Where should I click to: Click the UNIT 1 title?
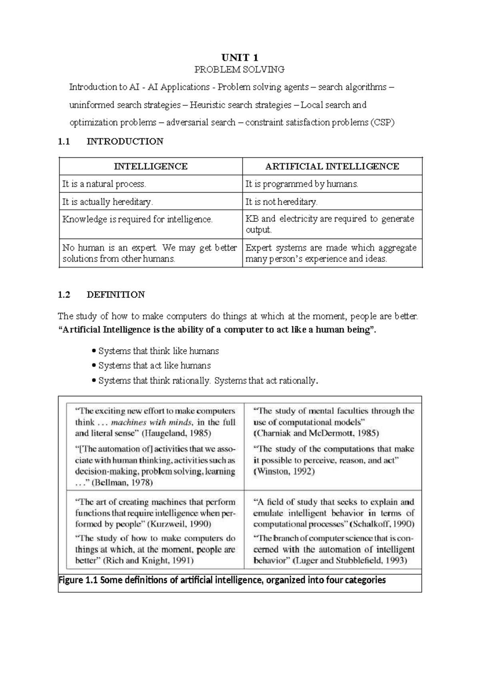tap(240, 57)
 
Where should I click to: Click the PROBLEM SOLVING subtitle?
tap(239, 70)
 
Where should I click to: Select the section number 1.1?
tap(64, 141)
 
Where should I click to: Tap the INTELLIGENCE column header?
tap(150, 167)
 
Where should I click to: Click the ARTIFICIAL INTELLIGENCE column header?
tap(332, 167)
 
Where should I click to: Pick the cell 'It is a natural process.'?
tap(104, 184)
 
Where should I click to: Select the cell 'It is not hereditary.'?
tap(281, 202)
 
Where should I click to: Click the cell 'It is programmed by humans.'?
tap(302, 184)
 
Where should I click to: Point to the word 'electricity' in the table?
tap(298, 219)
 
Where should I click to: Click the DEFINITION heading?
tap(116, 295)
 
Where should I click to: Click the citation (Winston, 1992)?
tap(284, 472)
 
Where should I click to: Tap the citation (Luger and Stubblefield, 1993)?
tap(350, 560)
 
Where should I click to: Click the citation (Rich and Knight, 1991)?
tap(148, 560)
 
